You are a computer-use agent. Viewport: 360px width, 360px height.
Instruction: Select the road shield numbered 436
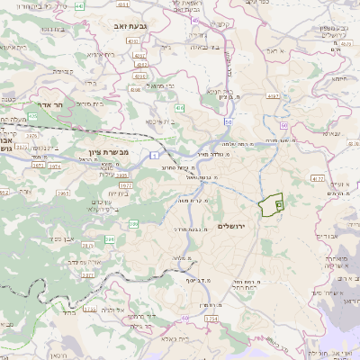(181, 109)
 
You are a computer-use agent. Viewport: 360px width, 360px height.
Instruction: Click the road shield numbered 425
(32, 116)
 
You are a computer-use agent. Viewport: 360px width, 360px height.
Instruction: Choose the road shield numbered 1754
(211, 319)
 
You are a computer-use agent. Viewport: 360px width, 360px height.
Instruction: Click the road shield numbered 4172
(317, 180)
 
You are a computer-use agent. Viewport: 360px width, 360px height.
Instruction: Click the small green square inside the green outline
(278, 205)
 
